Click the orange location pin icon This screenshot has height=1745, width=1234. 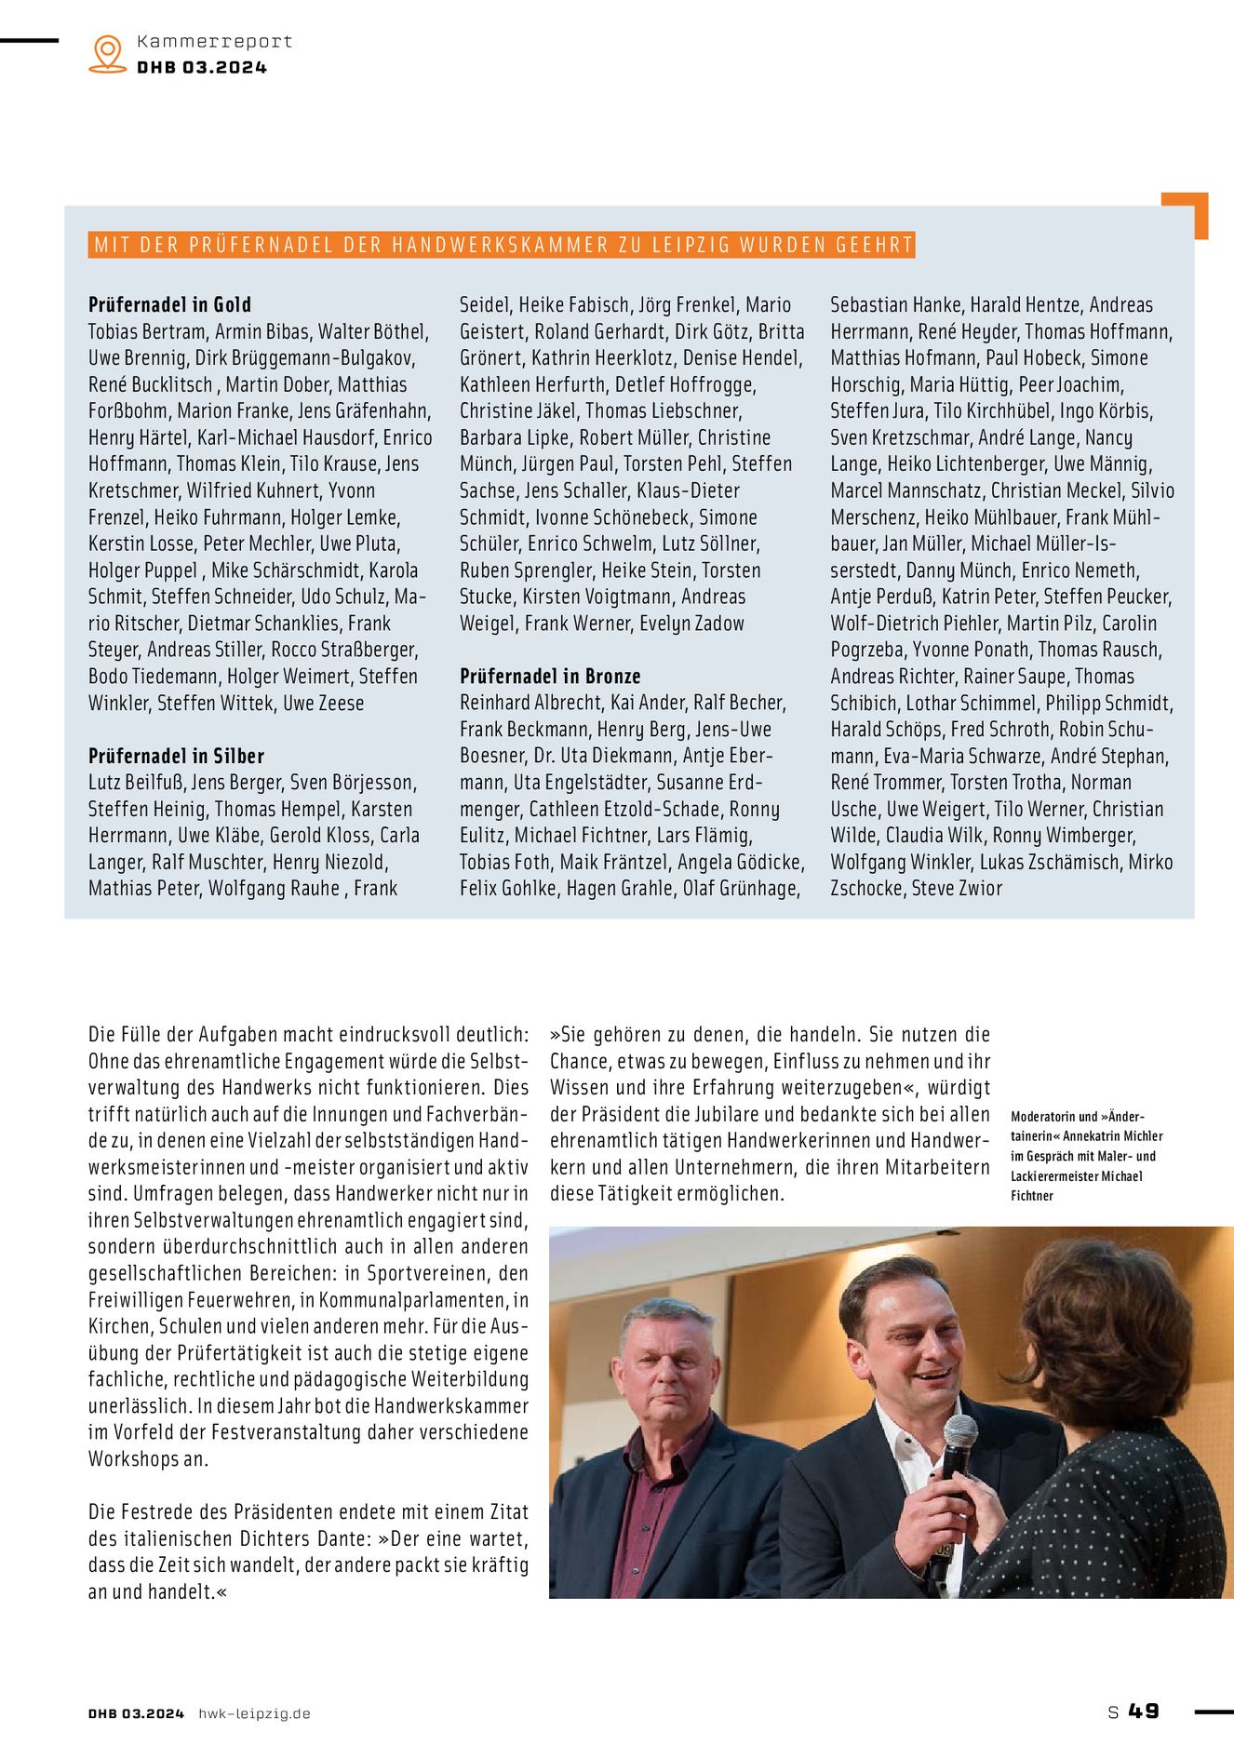coord(108,53)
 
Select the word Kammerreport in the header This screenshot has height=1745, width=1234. coord(214,42)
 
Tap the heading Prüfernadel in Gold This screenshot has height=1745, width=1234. coord(169,304)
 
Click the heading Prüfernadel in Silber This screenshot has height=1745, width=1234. coord(176,756)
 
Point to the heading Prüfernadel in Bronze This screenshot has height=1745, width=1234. coord(550,676)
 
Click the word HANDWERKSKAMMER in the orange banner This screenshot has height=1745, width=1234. coord(496,246)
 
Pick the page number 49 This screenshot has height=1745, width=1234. coord(1144,1711)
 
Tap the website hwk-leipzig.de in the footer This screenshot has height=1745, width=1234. coord(254,1713)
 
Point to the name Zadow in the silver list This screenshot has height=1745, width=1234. coord(718,624)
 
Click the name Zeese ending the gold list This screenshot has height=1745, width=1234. coord(340,704)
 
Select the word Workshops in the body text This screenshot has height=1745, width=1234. coord(133,1459)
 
